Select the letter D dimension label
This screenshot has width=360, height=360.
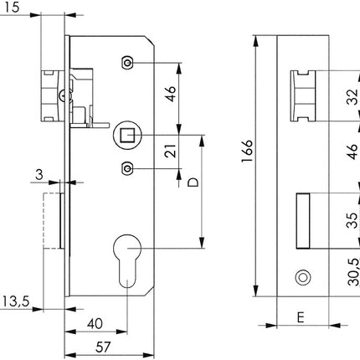(x=193, y=182)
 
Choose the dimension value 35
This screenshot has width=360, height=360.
(x=352, y=220)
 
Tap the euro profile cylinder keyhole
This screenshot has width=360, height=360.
(x=127, y=258)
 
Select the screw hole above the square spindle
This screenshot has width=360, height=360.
(x=126, y=63)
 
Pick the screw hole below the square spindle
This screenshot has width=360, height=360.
(x=126, y=168)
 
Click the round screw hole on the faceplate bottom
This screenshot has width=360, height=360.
(x=301, y=277)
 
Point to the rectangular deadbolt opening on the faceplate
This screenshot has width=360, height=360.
(x=301, y=221)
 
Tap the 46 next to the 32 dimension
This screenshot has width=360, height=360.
(x=352, y=154)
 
